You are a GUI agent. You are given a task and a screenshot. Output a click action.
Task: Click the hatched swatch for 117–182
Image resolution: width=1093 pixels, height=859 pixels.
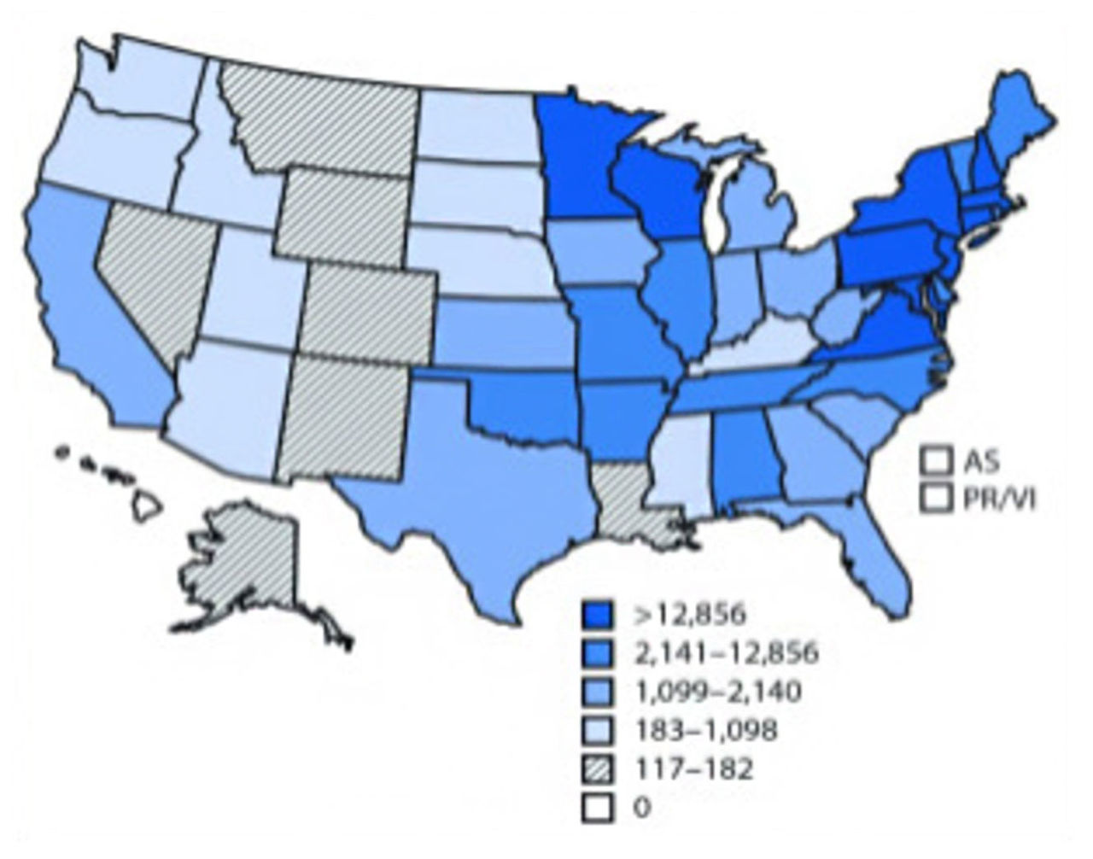tap(599, 768)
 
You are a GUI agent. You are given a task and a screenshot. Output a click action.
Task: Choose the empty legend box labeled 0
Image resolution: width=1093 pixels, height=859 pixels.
tap(599, 807)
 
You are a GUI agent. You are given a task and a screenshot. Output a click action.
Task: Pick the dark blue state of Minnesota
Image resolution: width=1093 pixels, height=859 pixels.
tap(581, 162)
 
